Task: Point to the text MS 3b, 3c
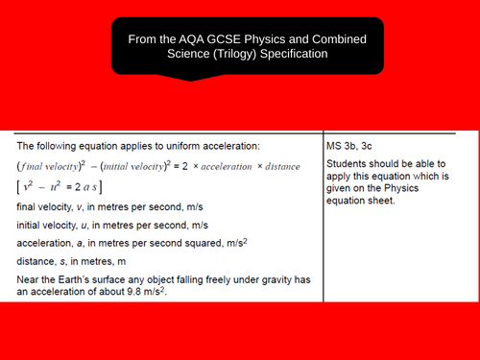[352, 146]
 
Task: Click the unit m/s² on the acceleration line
[228, 242]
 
